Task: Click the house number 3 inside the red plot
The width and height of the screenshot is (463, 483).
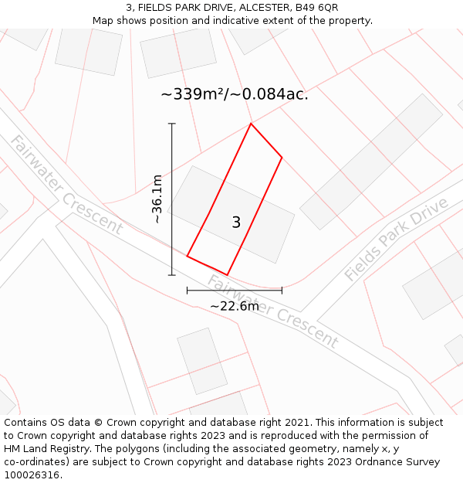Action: pos(236,223)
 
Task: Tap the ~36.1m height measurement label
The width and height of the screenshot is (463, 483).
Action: pos(157,199)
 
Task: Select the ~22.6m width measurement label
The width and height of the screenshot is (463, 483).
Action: pos(235,306)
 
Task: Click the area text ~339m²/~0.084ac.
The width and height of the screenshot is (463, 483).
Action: pos(234,94)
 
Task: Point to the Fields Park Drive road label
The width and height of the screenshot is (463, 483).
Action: pos(396,240)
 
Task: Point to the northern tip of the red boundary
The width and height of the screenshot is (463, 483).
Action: pos(251,124)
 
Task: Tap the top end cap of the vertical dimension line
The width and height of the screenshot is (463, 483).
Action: pos(172,124)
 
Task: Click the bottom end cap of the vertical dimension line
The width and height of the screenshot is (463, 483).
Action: pos(172,274)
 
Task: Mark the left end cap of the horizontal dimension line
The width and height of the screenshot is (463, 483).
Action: pos(188,291)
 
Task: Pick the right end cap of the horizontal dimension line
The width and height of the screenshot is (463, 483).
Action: pos(282,291)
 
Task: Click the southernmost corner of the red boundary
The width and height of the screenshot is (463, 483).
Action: pos(227,274)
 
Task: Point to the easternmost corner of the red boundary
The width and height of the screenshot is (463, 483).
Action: pos(282,158)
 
